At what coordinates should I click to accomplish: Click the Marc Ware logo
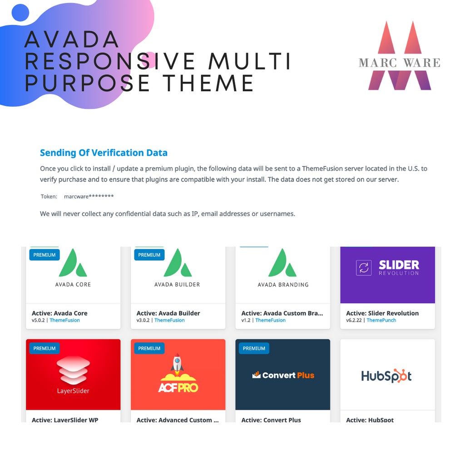(400, 55)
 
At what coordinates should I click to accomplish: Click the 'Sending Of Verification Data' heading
(104, 153)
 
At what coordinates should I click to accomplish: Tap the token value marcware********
(89, 196)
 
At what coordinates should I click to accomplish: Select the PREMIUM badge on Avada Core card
(45, 255)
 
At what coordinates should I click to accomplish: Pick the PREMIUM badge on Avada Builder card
(149, 255)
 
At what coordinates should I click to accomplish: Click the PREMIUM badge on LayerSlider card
(45, 348)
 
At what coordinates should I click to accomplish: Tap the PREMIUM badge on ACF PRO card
(149, 348)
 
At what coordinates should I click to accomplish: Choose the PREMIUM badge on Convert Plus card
(254, 348)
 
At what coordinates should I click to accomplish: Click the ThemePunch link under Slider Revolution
(381, 320)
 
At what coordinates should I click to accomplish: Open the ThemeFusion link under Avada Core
(64, 320)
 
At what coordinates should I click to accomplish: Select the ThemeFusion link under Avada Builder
(169, 320)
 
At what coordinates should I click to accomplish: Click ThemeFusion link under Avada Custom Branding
(271, 320)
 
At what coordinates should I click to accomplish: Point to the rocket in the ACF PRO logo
(177, 364)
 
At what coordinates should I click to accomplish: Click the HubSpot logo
(386, 376)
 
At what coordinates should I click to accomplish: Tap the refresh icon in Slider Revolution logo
(364, 268)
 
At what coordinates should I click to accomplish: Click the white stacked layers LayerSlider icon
(73, 370)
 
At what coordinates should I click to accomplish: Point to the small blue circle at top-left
(20, 12)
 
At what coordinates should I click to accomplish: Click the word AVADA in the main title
(72, 39)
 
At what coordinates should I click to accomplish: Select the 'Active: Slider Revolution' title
(382, 313)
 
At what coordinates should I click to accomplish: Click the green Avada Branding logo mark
(282, 263)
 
